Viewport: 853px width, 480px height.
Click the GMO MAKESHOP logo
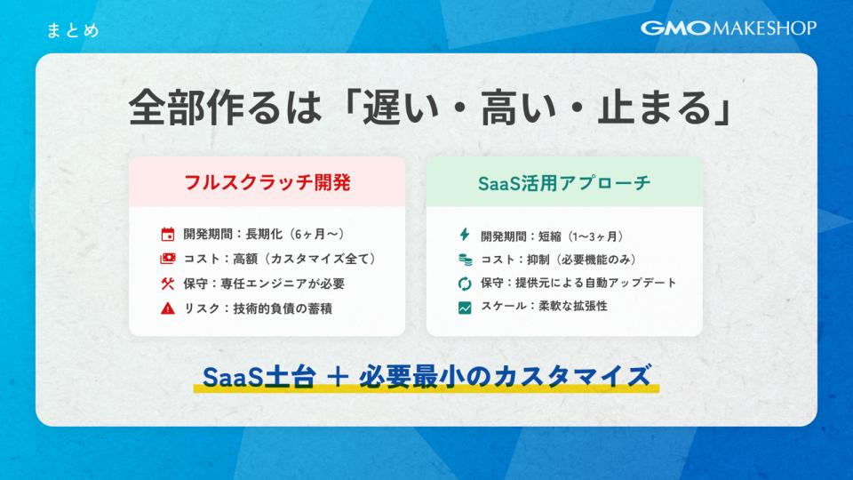click(x=729, y=28)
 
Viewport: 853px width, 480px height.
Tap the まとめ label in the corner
click(x=73, y=30)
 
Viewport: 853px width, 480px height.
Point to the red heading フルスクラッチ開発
click(x=267, y=182)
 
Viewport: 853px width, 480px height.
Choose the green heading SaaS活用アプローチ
click(x=564, y=183)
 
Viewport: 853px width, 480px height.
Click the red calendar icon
click(x=168, y=234)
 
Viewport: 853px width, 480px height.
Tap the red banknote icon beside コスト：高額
click(x=168, y=259)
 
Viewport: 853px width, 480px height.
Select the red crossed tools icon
click(x=168, y=283)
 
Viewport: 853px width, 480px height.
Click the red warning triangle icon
click(x=168, y=308)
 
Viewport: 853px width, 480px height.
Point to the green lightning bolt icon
click(x=464, y=235)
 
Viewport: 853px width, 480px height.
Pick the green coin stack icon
click(x=465, y=260)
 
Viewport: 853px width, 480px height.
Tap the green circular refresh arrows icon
click(x=465, y=283)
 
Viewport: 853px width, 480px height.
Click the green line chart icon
click(x=465, y=308)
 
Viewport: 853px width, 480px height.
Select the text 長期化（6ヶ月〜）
click(x=296, y=234)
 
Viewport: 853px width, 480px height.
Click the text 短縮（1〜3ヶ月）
click(x=582, y=236)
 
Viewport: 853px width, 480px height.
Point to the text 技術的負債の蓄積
click(x=283, y=308)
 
